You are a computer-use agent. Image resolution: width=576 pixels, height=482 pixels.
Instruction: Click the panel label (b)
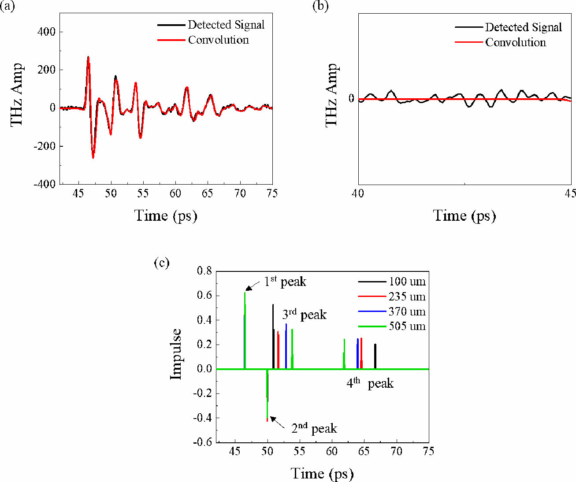pyautogui.click(x=320, y=7)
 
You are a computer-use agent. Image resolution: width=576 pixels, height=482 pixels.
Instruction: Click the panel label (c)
pyautogui.click(x=162, y=263)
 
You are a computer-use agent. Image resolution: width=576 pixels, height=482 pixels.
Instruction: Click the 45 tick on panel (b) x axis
pyautogui.click(x=571, y=193)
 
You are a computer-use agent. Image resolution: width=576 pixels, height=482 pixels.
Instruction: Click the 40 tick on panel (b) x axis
pyautogui.click(x=358, y=193)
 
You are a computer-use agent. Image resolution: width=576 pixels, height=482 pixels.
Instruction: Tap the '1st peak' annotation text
pyautogui.click(x=285, y=282)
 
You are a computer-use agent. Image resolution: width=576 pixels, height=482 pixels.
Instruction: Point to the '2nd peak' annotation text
pyautogui.click(x=314, y=428)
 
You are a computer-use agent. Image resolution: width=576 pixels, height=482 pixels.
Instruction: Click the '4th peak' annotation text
pyautogui.click(x=370, y=383)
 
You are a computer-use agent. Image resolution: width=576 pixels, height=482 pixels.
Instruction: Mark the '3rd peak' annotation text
pyautogui.click(x=304, y=315)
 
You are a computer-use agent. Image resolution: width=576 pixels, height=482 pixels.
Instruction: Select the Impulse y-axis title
pyautogui.click(x=176, y=354)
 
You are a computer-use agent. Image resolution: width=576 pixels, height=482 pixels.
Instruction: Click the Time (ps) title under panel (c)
pyautogui.click(x=322, y=474)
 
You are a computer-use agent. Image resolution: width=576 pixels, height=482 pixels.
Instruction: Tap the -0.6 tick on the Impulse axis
pyautogui.click(x=203, y=442)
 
